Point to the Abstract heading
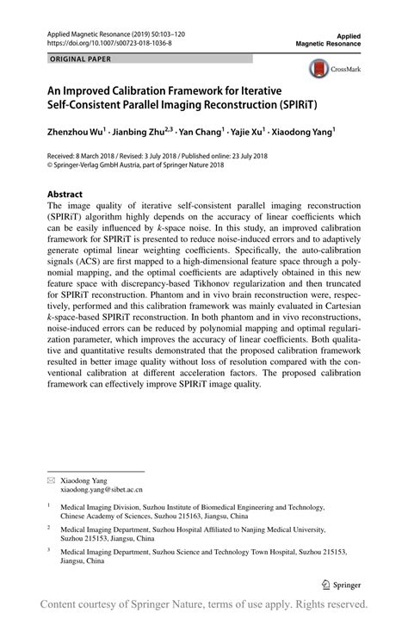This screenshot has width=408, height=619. pyautogui.click(x=65, y=195)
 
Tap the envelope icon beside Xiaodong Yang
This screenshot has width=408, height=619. pyautogui.click(x=51, y=478)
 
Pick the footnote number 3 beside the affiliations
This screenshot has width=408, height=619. pyautogui.click(x=49, y=550)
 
